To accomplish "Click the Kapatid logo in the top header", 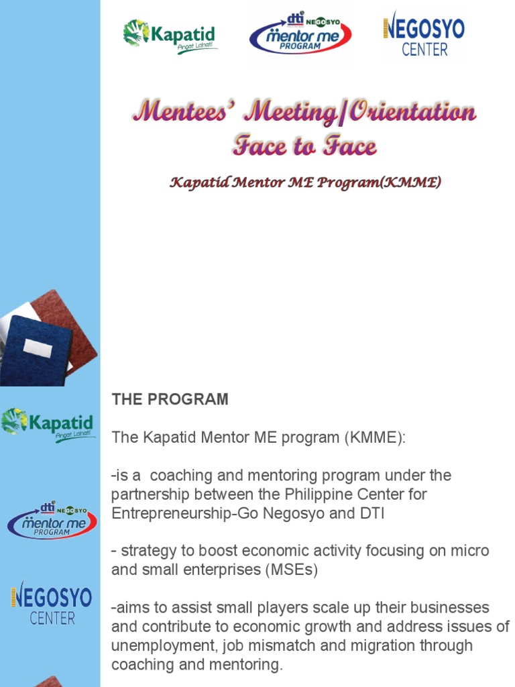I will pos(170,36).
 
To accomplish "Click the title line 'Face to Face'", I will pos(304,146).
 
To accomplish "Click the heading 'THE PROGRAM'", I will pos(170,399).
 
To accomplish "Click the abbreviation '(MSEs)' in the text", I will pos(293,570).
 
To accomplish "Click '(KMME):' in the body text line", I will pos(376,437).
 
